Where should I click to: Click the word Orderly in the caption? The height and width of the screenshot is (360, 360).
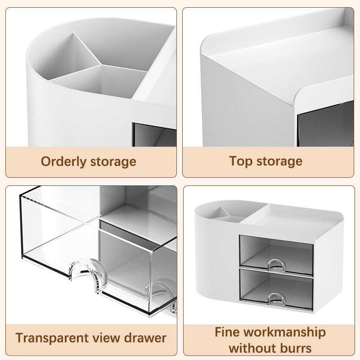click(63, 162)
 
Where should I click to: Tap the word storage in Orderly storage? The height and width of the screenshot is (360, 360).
click(113, 162)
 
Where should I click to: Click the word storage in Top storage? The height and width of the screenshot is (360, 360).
click(279, 161)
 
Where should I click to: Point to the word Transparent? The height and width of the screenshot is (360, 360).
click(52, 338)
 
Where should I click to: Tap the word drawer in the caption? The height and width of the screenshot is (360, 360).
click(145, 338)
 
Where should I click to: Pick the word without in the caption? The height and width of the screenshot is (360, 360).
click(253, 348)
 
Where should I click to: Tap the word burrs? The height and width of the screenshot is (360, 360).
click(296, 348)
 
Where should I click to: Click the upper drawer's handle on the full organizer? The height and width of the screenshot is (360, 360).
click(277, 264)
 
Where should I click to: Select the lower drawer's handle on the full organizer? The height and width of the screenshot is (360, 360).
click(277, 298)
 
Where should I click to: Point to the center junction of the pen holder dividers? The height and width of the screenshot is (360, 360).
click(101, 65)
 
